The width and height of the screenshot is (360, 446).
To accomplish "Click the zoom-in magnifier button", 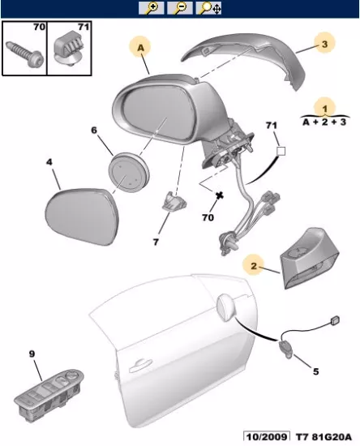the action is click(x=152, y=7).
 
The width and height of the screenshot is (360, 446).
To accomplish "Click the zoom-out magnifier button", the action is click(x=180, y=7).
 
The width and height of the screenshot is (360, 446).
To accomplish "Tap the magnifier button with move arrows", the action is click(x=208, y=7).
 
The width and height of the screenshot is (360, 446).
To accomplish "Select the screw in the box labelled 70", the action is click(x=25, y=54).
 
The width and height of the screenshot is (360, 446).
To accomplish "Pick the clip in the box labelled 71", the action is click(x=70, y=49).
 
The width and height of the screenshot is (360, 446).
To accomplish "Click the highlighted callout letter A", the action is click(x=141, y=48).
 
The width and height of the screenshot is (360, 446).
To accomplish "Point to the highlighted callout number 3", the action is click(x=325, y=44).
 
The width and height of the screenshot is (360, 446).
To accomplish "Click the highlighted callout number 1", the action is click(x=325, y=109).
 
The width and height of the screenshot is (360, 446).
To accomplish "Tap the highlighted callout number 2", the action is click(x=254, y=266).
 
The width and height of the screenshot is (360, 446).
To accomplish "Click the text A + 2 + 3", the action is click(x=324, y=122).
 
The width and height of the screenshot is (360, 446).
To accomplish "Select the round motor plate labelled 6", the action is click(x=129, y=173).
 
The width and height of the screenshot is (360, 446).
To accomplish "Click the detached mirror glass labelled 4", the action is click(x=82, y=217).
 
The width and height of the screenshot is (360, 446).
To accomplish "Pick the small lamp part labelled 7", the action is click(x=174, y=202).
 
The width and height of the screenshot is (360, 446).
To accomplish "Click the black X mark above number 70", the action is click(x=219, y=195).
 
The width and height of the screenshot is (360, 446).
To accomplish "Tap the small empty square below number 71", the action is click(x=281, y=151).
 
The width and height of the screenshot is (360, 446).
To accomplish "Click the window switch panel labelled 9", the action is click(x=49, y=391).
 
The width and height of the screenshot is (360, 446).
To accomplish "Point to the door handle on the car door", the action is click(x=140, y=365).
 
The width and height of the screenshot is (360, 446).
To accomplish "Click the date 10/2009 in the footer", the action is click(x=266, y=437).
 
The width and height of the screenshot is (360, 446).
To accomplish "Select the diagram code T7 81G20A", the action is click(x=324, y=437).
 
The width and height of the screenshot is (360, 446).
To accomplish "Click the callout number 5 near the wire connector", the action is click(x=315, y=371).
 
